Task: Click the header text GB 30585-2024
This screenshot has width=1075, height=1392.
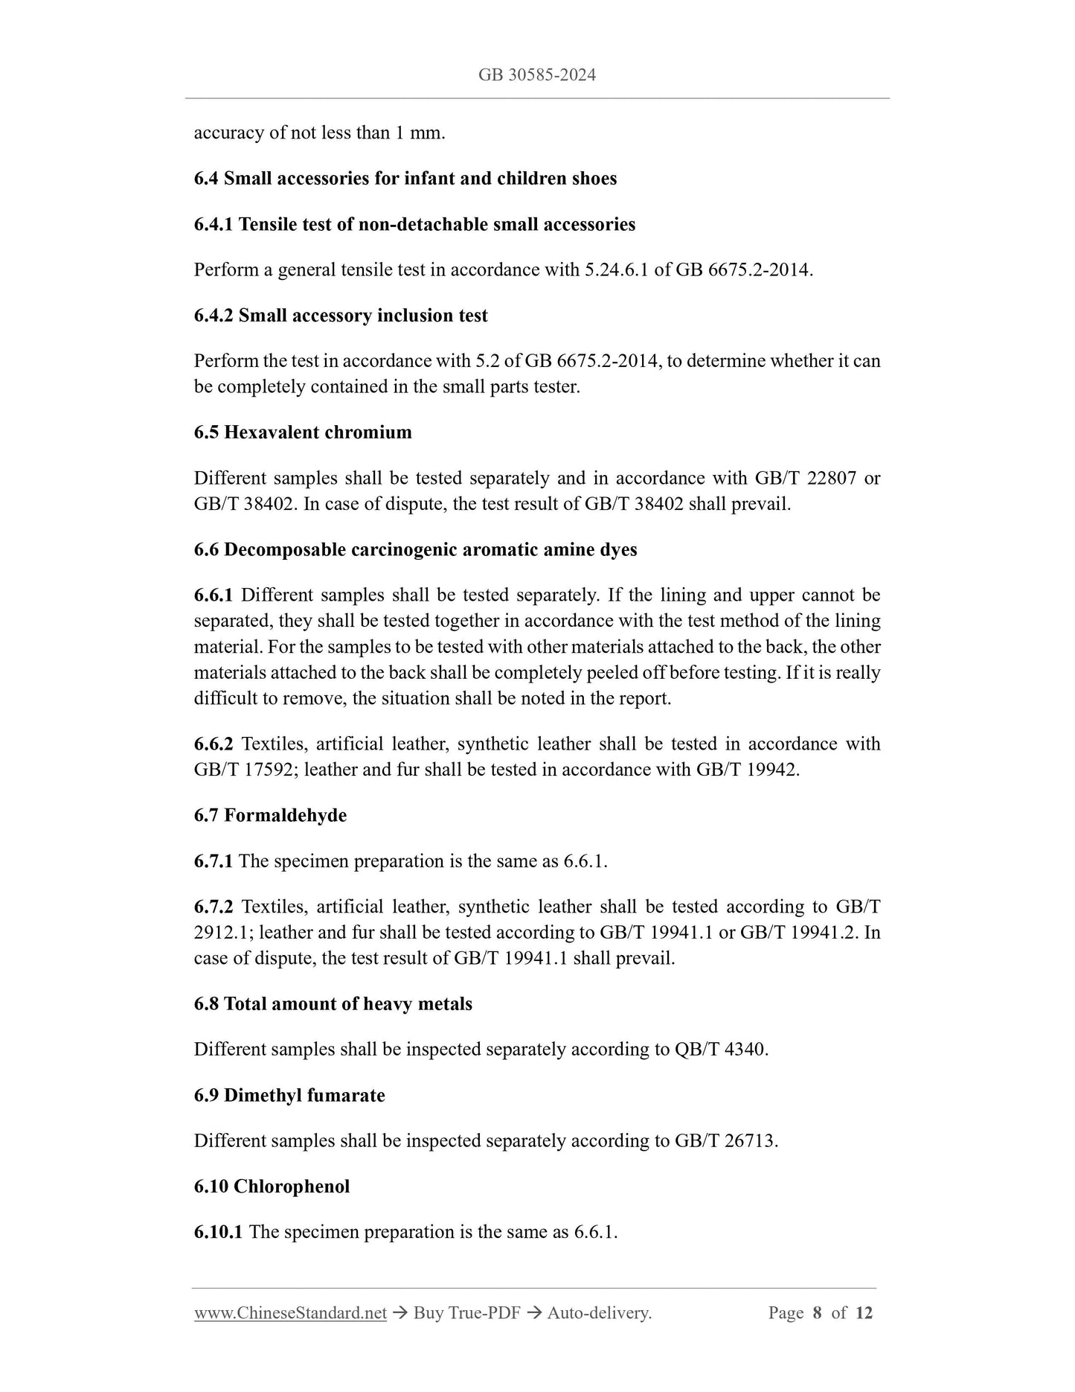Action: [x=537, y=75]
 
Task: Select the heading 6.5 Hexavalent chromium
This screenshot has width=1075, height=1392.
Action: [x=303, y=432]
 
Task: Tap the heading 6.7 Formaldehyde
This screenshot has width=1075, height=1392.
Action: [x=270, y=816]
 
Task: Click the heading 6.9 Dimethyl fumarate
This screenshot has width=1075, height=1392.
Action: [x=289, y=1096]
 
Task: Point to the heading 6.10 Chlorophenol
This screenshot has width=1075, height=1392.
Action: [x=272, y=1187]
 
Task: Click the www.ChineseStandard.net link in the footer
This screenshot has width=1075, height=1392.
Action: [x=290, y=1313]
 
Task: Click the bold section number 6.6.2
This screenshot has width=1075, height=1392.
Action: [x=214, y=744]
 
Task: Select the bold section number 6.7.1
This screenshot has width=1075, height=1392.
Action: [x=214, y=861]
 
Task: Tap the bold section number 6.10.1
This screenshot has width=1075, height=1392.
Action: [x=218, y=1232]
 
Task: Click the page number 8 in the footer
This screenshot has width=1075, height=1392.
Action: [x=817, y=1313]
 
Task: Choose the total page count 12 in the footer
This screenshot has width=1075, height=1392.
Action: [x=864, y=1313]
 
